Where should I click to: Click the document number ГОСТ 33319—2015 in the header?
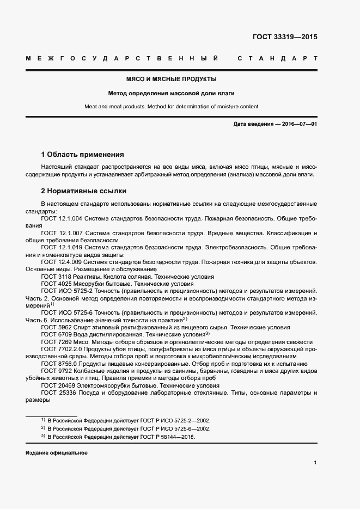[284, 38]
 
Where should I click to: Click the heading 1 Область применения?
[83, 155]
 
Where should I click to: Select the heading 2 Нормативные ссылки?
[84, 191]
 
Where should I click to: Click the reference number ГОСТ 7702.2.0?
[61, 349]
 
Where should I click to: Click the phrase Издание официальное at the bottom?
[57, 453]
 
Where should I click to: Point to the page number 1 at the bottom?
[315, 463]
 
